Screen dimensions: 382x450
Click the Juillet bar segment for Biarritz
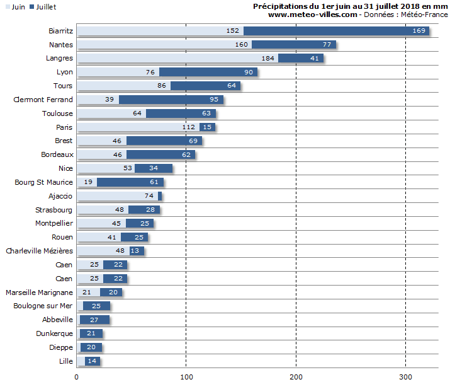(x=336, y=31)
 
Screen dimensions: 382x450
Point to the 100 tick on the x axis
(x=186, y=376)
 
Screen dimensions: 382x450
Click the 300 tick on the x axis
(x=405, y=376)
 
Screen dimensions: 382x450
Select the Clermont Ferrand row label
(x=43, y=100)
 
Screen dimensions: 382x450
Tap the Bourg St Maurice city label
(x=43, y=182)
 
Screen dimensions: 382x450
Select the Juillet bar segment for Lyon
(x=208, y=72)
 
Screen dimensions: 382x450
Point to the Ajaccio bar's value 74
(x=149, y=196)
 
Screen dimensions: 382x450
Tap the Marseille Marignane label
(x=39, y=292)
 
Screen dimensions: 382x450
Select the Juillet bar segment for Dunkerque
(x=91, y=333)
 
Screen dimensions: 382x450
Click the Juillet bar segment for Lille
(x=92, y=361)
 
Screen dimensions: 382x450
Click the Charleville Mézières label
(x=39, y=251)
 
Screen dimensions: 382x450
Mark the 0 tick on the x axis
(x=77, y=376)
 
